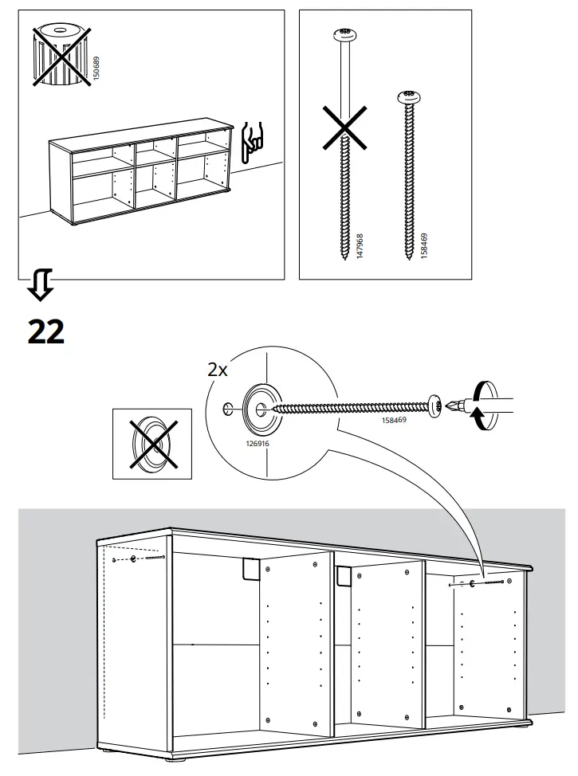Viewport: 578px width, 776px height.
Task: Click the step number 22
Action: [45, 331]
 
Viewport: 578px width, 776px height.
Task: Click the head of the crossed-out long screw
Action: [344, 34]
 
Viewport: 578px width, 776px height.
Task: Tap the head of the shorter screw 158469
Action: [409, 97]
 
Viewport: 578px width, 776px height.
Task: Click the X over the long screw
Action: [344, 129]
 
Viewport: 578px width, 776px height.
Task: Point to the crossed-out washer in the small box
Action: [151, 444]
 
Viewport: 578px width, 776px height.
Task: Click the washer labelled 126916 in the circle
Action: [261, 408]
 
